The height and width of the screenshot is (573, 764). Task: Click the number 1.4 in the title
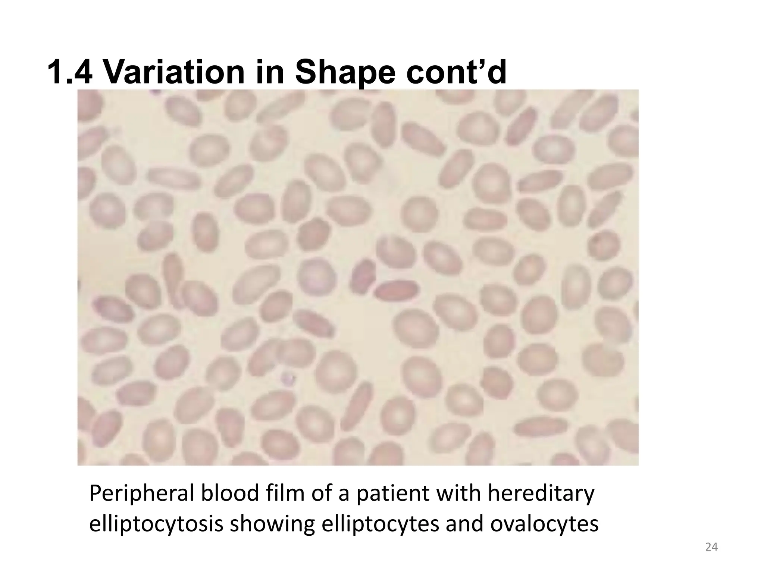click(x=70, y=72)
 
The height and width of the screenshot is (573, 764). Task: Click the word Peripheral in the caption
click(x=142, y=495)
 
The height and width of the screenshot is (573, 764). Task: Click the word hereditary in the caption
click(x=541, y=495)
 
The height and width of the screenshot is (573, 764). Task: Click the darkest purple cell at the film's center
click(x=362, y=275)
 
